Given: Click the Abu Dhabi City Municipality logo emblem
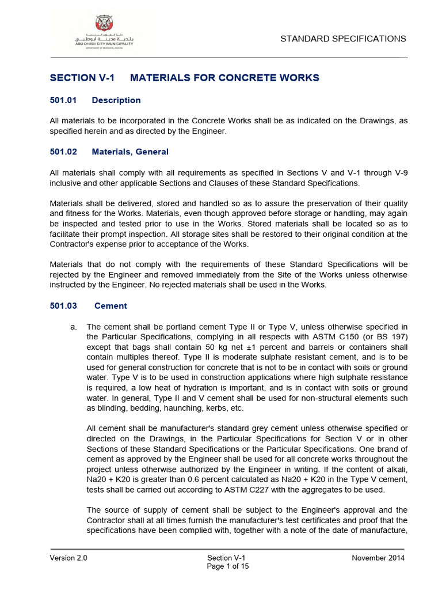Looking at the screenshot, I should point(104,24).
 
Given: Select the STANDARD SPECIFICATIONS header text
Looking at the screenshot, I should point(343,39).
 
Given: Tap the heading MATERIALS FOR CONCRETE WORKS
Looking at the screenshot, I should point(224,78).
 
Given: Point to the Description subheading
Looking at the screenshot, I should point(116,100).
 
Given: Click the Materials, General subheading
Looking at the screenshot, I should point(130,152).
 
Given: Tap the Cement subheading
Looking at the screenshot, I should point(110,306).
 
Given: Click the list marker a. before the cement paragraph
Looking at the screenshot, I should point(73,327).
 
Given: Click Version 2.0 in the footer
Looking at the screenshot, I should point(68,558).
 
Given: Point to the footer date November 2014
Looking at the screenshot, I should point(378,558).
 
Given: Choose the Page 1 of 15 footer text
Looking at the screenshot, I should point(228,566).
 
